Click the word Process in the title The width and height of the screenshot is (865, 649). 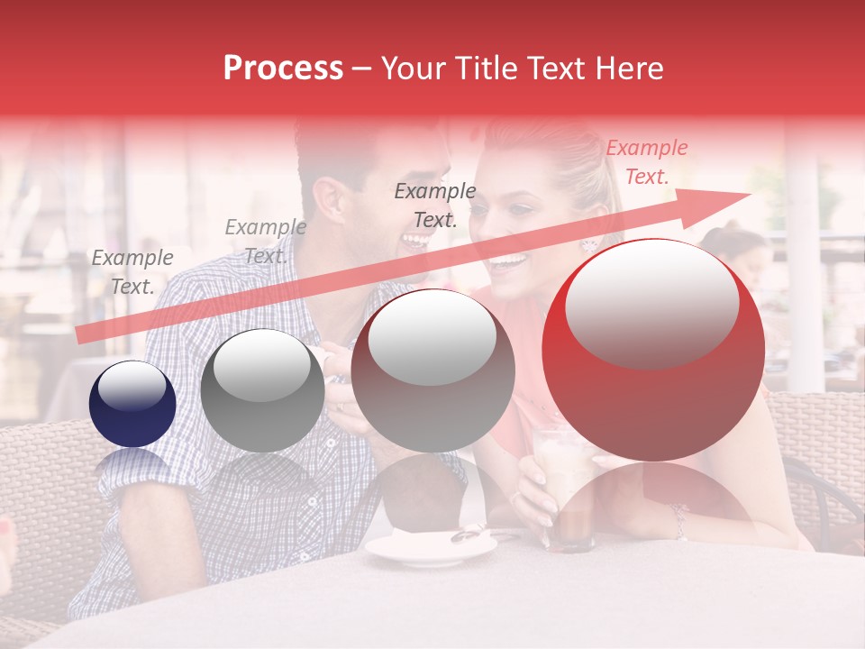click(x=283, y=69)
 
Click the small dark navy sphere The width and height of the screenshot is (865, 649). click(x=132, y=404)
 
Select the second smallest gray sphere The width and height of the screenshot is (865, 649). click(x=262, y=390)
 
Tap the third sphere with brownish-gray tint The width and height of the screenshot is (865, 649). click(x=432, y=370)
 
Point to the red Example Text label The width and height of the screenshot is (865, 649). click(x=646, y=162)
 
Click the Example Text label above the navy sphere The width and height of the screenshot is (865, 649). click(x=132, y=271)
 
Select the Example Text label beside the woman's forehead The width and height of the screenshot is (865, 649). click(x=435, y=205)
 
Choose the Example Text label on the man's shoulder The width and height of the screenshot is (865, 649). click(x=265, y=242)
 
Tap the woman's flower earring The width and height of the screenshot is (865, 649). click(x=589, y=244)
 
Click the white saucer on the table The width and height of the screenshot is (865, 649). click(x=430, y=547)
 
